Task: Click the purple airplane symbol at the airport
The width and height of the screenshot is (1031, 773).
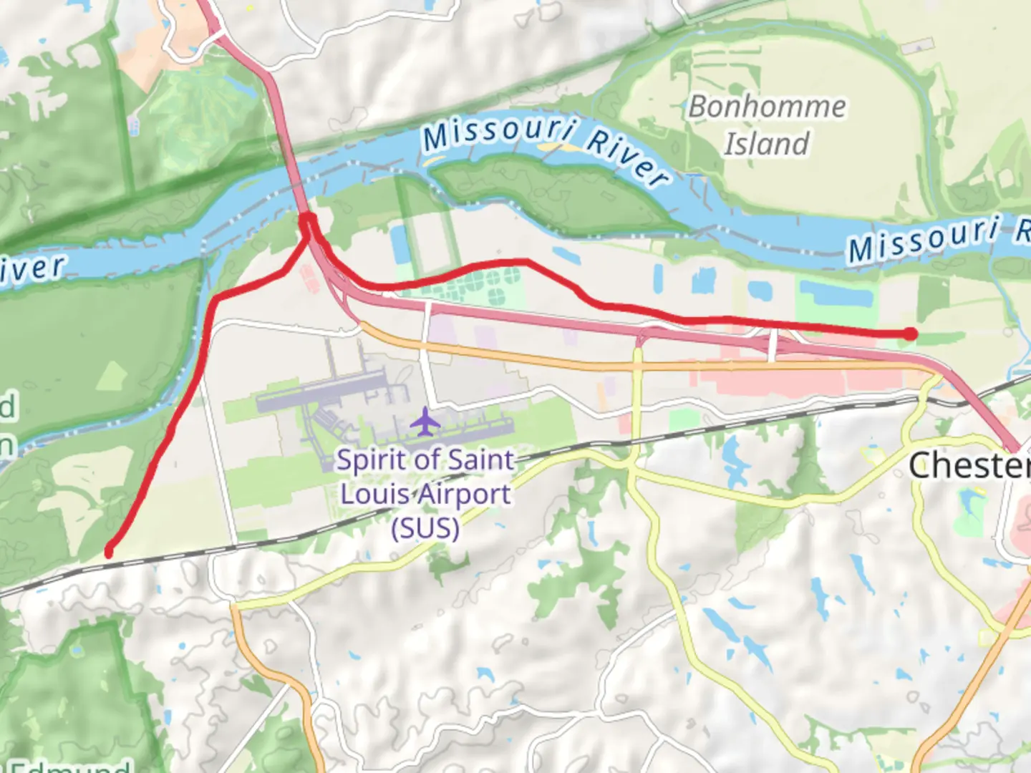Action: [x=425, y=422]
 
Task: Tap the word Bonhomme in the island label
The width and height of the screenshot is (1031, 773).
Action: [x=767, y=107]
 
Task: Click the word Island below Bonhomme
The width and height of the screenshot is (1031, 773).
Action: [x=767, y=144]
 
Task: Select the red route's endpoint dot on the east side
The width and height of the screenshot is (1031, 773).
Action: [x=910, y=334]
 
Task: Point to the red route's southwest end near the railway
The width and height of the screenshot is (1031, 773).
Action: [x=109, y=552]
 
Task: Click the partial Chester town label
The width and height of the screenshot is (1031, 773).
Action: [x=969, y=466]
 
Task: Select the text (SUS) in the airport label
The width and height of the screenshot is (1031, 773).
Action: [x=425, y=528]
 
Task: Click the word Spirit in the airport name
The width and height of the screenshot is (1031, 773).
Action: [x=367, y=460]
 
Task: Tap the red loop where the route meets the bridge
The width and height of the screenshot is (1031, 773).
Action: [x=308, y=220]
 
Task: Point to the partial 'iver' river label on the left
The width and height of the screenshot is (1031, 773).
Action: [x=32, y=268]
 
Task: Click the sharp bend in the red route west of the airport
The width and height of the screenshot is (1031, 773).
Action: [x=216, y=298]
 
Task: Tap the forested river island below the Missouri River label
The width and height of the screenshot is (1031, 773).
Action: [x=551, y=193]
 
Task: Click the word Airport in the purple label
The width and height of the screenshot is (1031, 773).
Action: [x=465, y=495]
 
